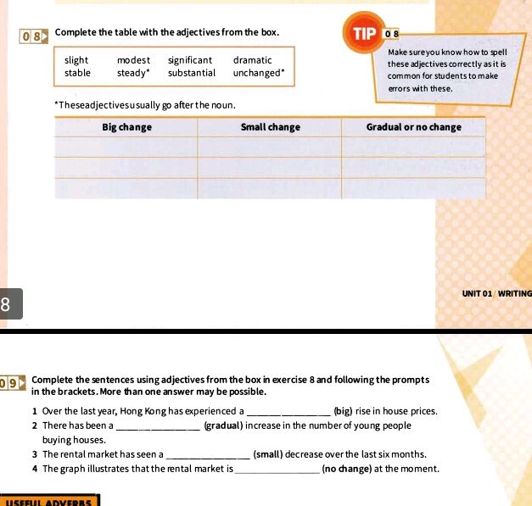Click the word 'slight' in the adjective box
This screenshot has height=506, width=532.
click(76, 60)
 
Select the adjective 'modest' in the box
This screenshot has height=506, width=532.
click(133, 60)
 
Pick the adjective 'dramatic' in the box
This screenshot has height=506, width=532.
click(253, 60)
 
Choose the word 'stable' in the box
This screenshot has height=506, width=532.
click(77, 73)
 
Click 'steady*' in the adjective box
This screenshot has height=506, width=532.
click(134, 73)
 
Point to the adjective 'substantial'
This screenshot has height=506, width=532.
click(192, 73)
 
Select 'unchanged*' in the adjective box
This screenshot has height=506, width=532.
click(259, 73)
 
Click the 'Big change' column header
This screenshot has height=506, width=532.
click(126, 127)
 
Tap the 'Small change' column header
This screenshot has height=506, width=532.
click(270, 127)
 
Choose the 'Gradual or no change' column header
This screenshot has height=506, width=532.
click(413, 127)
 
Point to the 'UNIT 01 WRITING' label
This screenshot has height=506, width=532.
click(496, 293)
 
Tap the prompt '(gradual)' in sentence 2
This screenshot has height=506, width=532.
click(225, 425)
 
